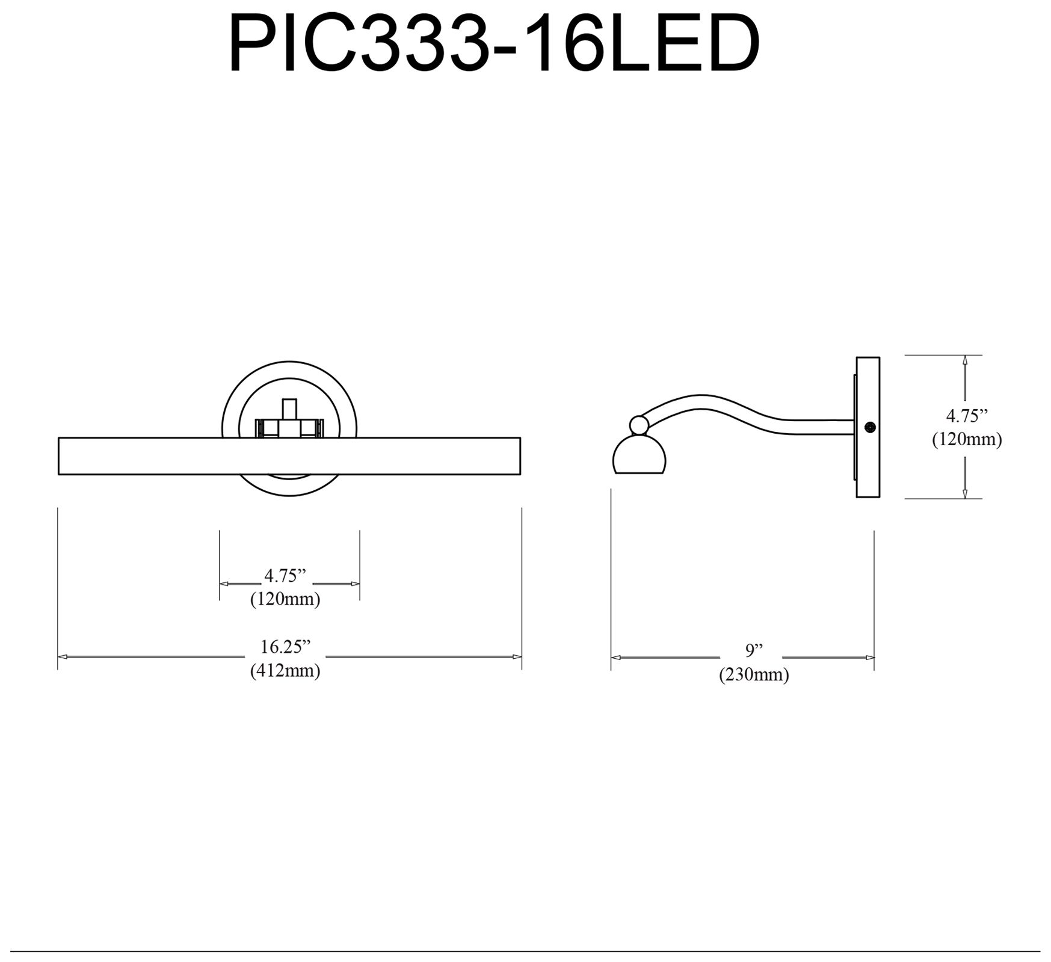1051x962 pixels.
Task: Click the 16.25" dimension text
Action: coord(285,647)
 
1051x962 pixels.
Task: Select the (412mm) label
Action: coord(285,670)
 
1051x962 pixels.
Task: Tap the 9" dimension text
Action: coord(754,650)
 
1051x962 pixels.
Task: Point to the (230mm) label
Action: coord(754,674)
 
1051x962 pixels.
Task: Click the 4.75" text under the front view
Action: coord(285,576)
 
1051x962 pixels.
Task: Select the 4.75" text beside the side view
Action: coord(967,416)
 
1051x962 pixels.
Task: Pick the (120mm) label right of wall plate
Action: coord(967,439)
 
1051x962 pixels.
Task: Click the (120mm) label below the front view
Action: coord(285,599)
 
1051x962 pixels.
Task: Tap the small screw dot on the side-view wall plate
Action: coord(869,427)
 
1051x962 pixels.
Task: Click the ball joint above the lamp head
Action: coord(639,425)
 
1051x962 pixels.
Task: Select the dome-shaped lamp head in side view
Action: coord(639,457)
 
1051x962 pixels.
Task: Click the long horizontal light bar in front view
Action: coord(289,456)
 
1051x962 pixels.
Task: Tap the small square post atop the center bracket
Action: coord(289,409)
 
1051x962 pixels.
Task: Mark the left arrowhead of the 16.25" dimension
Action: coord(62,656)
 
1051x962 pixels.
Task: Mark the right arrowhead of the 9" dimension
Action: coord(870,658)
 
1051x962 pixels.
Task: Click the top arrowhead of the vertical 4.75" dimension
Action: coord(964,360)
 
